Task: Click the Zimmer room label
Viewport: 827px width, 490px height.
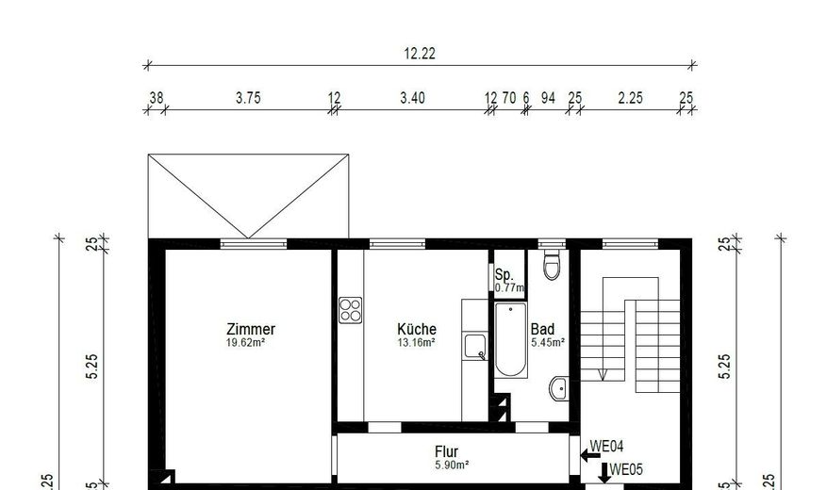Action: pos(251,330)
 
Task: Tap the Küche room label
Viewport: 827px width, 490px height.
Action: pos(417,329)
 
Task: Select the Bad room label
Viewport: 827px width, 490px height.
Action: pos(542,329)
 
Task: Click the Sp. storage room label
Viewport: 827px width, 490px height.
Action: pos(504,273)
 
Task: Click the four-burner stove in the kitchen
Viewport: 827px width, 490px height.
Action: pos(351,309)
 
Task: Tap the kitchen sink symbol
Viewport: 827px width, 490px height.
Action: pos(474,347)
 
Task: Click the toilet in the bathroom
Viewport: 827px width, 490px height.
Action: pos(553,265)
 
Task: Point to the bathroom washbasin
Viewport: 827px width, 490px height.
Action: pos(558,386)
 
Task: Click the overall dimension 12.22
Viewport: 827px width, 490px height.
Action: pos(420,54)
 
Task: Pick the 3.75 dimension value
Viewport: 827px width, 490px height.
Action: pos(248,98)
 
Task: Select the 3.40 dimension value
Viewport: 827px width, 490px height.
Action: pos(412,98)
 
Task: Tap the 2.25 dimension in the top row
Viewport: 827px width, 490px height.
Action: pos(629,98)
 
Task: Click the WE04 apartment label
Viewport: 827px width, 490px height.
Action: pos(607,446)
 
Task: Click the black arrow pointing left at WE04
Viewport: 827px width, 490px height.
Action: pos(590,456)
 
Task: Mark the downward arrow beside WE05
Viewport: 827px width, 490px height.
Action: pos(604,472)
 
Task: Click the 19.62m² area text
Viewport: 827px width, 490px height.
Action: pos(250,344)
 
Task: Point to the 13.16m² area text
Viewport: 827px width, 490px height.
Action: pos(417,343)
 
